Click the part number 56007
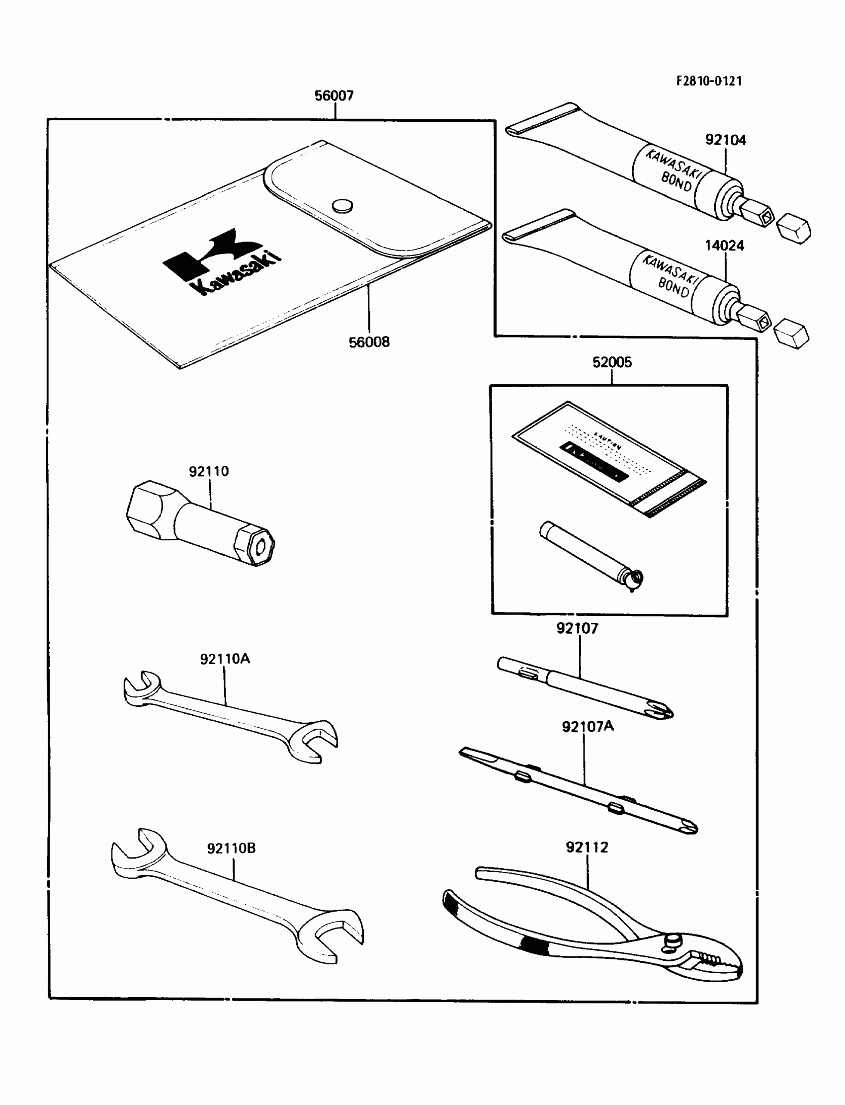tap(334, 95)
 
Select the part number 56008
tap(369, 342)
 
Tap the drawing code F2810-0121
tap(709, 82)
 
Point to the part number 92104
tap(725, 140)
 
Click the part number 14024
tap(724, 246)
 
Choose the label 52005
tap(612, 362)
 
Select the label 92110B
tap(231, 849)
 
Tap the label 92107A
tap(588, 727)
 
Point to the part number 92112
tap(587, 848)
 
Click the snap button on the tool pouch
tap(342, 205)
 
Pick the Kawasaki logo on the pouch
tap(221, 261)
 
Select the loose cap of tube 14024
tap(792, 334)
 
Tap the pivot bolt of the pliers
tap(673, 939)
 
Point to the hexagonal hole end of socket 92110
tap(260, 547)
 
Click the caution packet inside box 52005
tap(608, 458)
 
